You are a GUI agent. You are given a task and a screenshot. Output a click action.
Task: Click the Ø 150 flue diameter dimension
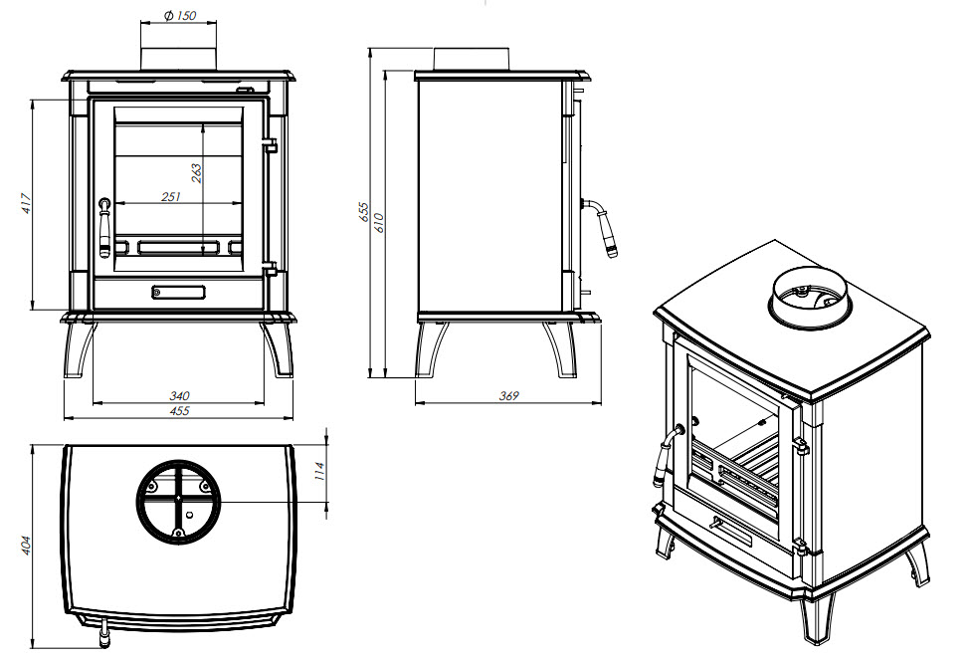click(180, 16)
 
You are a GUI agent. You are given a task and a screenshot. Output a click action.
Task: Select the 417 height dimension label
click(26, 204)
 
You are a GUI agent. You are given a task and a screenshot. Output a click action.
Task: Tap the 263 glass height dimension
click(196, 173)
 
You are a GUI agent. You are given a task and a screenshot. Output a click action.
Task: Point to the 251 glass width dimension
click(171, 196)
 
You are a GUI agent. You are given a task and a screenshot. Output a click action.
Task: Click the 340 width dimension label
click(180, 395)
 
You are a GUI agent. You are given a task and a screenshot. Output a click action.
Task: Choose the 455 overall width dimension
click(180, 411)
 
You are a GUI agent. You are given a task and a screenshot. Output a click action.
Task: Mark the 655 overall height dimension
click(364, 212)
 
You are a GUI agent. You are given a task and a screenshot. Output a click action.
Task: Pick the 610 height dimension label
click(379, 222)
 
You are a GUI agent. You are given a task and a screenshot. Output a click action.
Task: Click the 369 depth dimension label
click(509, 395)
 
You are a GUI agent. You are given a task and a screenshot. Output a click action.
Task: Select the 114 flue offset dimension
click(319, 471)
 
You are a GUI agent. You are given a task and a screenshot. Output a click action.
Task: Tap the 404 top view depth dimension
click(26, 546)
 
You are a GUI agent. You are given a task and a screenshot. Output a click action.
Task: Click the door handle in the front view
click(105, 227)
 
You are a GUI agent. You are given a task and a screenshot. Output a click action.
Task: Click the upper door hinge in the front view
click(270, 145)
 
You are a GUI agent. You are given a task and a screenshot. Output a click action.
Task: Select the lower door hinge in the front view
click(270, 268)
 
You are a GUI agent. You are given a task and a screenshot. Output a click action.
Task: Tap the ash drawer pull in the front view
click(179, 292)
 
